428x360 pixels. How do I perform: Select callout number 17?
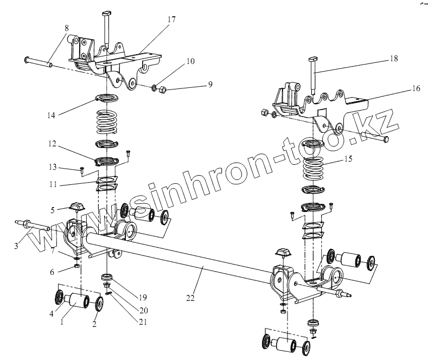tap(172, 20)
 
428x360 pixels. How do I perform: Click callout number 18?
tap(393, 59)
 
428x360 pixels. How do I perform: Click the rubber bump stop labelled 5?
tap(76, 207)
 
